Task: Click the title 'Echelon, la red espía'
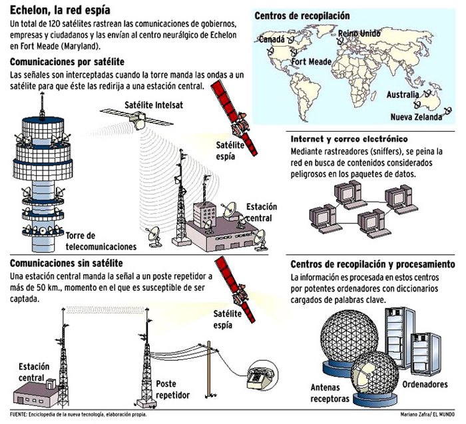tap(60, 10)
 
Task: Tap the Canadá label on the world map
tap(272, 39)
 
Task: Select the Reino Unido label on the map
tap(359, 33)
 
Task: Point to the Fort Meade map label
tap(311, 61)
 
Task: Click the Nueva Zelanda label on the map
tap(416, 116)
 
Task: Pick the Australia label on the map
tap(403, 95)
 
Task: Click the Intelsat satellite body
tap(137, 120)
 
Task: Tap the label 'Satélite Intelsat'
tap(154, 105)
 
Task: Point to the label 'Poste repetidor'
tap(172, 389)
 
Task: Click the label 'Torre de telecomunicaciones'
tap(101, 241)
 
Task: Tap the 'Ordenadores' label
tap(425, 384)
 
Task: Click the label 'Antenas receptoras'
tap(330, 393)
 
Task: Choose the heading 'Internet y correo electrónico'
tap(349, 139)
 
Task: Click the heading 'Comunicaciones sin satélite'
tap(67, 264)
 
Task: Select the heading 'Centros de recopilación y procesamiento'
tap(373, 264)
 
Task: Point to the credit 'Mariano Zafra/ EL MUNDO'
tap(427, 414)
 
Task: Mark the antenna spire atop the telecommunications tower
tap(42, 105)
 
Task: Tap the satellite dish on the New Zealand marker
tap(447, 111)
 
